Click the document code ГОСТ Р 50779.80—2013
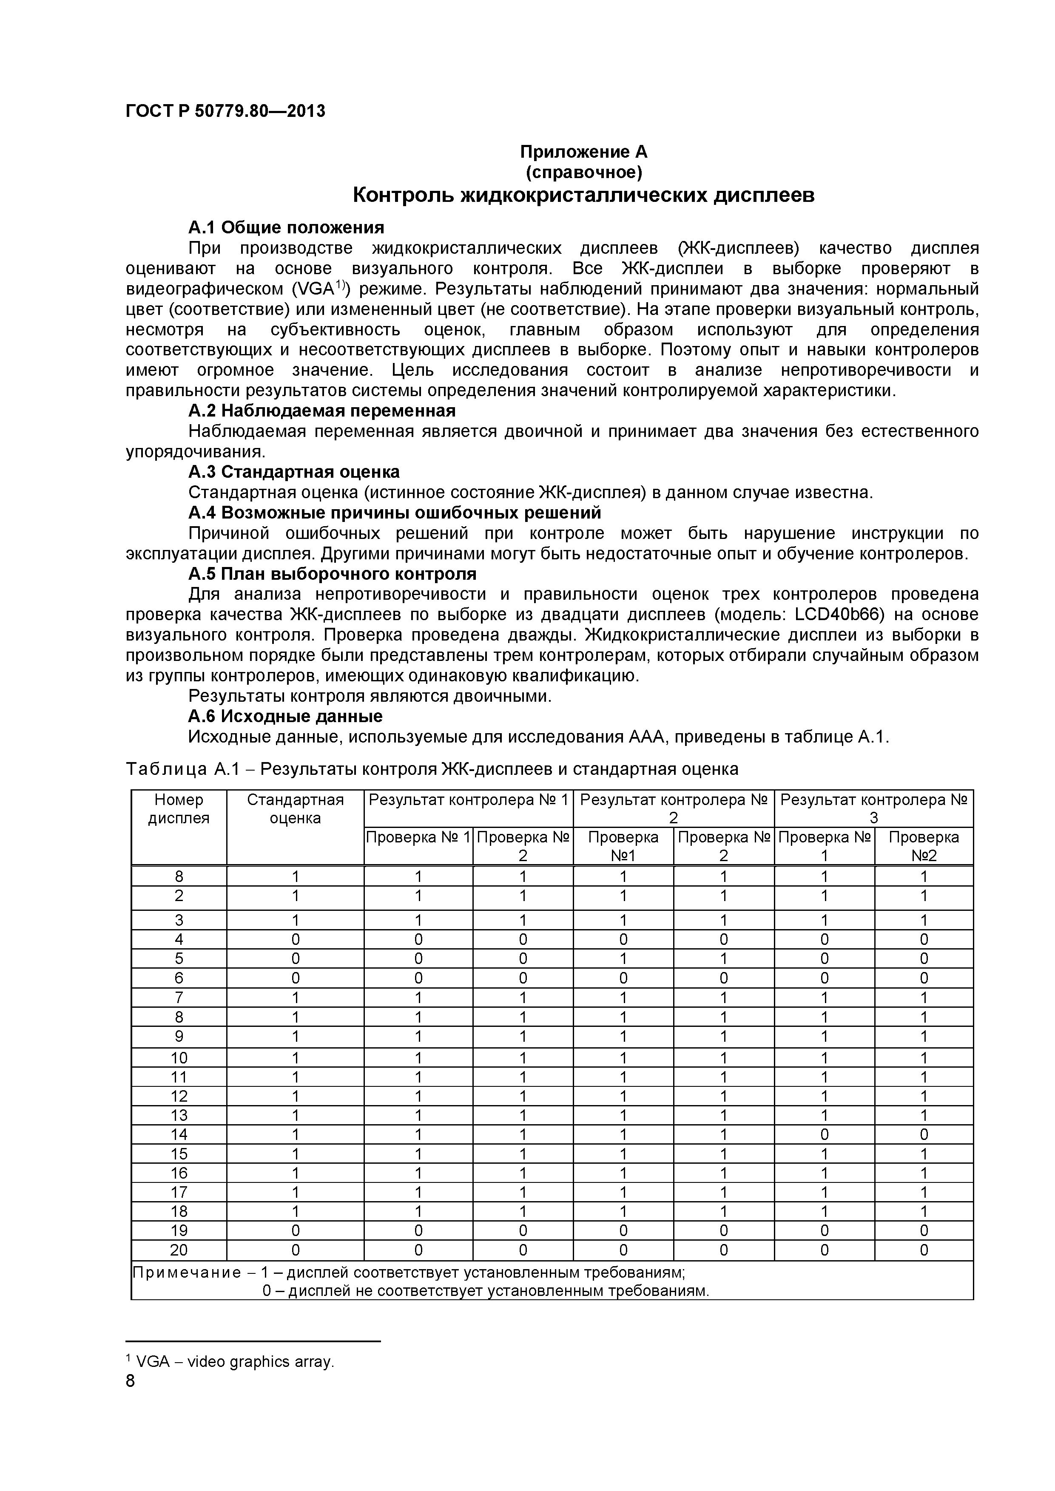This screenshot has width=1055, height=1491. click(x=225, y=111)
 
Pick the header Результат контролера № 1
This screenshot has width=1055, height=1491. click(x=468, y=799)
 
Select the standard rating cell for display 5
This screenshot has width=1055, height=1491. click(x=295, y=958)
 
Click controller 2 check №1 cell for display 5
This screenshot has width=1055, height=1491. click(x=623, y=958)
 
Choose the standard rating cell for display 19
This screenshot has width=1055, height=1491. click(x=295, y=1230)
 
